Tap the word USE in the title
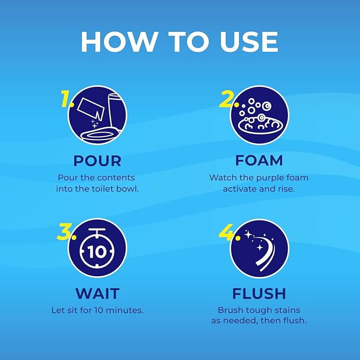click(x=249, y=42)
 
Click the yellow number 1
click(x=66, y=99)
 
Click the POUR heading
click(x=98, y=161)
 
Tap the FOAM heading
click(x=259, y=160)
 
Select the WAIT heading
click(x=98, y=293)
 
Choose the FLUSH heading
click(x=259, y=293)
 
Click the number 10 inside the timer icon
click(x=97, y=252)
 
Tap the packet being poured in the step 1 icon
click(x=91, y=108)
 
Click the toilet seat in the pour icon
click(x=100, y=135)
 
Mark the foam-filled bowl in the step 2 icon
click(x=260, y=125)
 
